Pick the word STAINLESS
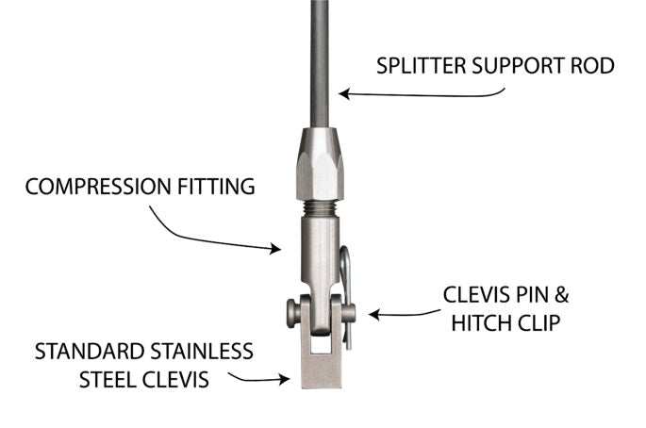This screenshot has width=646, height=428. [201, 352]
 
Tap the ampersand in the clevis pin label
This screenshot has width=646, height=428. [564, 294]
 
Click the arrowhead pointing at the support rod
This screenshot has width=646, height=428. [344, 93]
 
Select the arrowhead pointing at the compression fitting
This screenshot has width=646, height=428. [278, 250]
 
